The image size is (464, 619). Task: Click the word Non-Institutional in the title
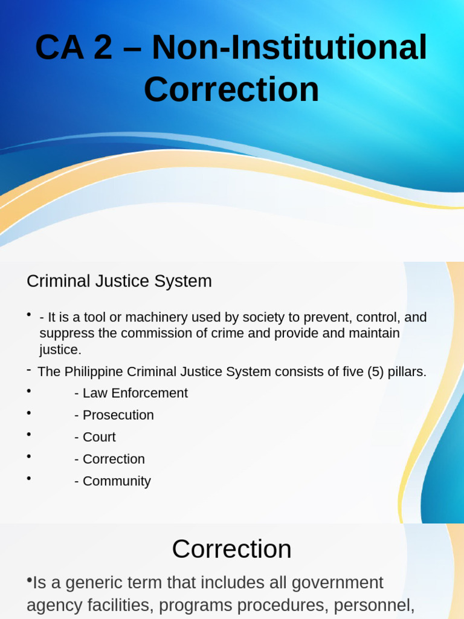click(x=289, y=48)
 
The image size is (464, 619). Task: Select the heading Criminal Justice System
click(x=119, y=281)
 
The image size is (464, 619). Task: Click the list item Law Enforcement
click(x=135, y=393)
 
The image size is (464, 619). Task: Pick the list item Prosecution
click(x=118, y=415)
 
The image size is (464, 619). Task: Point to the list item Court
click(x=98, y=437)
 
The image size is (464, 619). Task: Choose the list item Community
click(x=116, y=481)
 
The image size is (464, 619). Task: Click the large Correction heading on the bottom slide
click(x=231, y=549)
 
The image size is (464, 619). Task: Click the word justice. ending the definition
click(x=60, y=349)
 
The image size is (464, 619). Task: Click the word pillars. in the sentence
click(x=408, y=372)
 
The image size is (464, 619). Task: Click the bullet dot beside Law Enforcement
click(x=28, y=391)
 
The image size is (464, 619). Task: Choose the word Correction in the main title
click(x=231, y=89)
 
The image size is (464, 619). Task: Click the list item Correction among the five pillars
click(x=114, y=459)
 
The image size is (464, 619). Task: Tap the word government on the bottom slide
click(x=337, y=583)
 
